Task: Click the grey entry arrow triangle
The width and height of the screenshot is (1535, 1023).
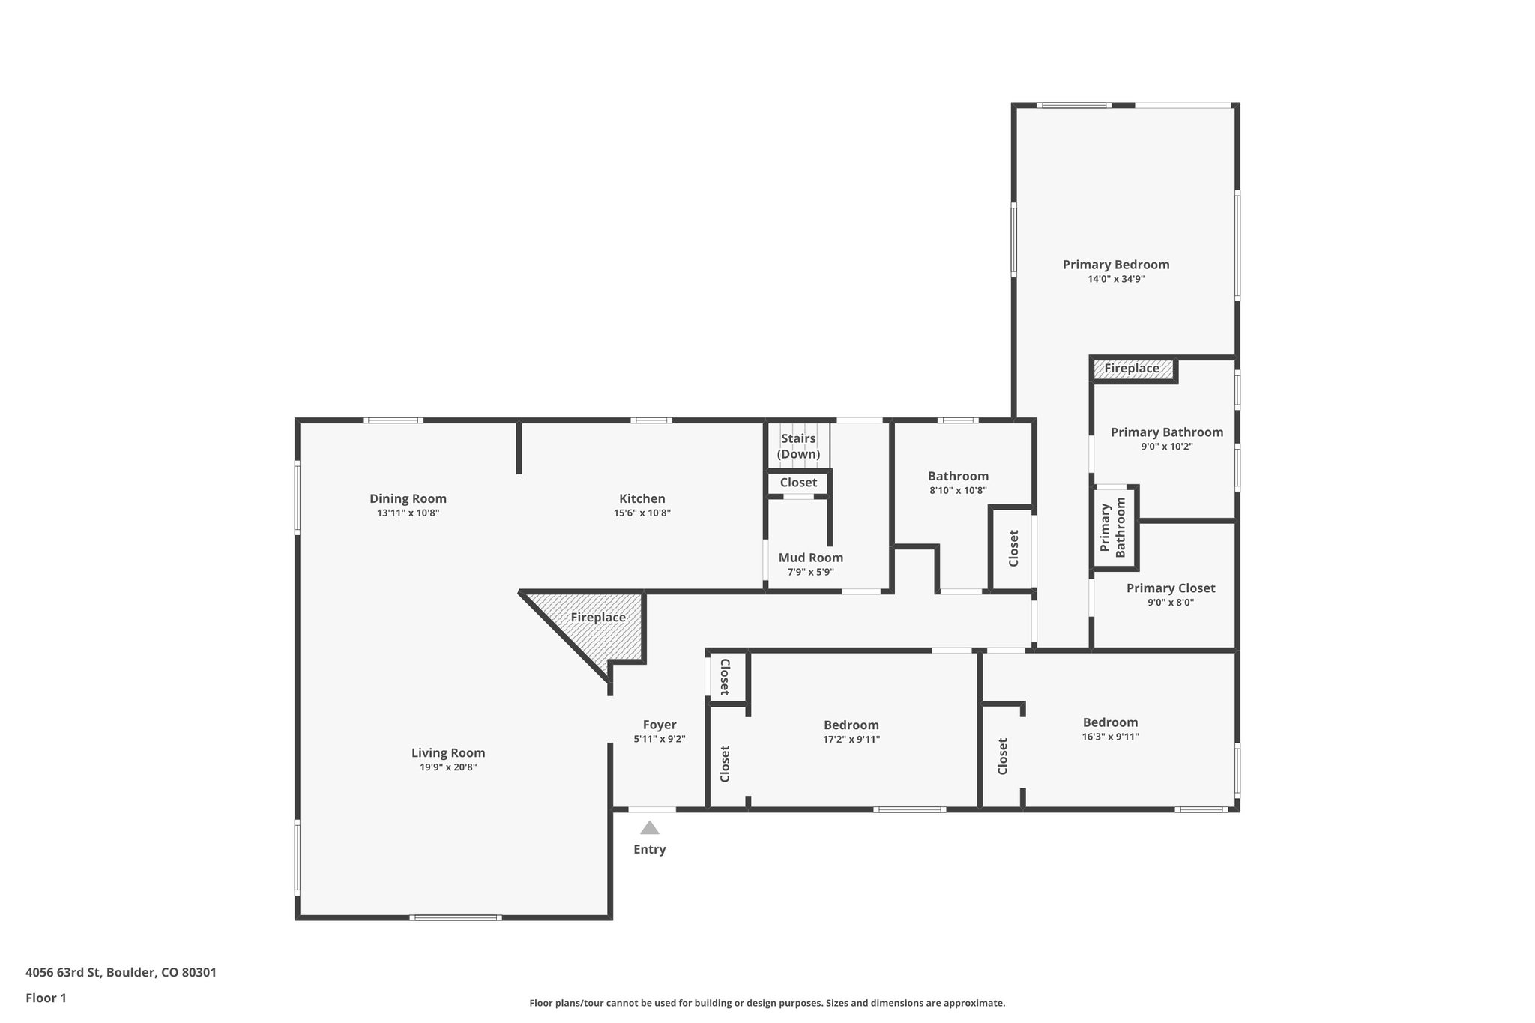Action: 649,828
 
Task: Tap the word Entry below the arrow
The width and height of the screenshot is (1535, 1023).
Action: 649,849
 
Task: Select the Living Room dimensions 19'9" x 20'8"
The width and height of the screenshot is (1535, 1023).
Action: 448,767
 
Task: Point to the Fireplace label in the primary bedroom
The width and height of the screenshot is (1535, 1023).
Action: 1131,369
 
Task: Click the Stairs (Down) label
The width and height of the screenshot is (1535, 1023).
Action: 798,447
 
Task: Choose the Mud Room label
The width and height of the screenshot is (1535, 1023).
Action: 810,558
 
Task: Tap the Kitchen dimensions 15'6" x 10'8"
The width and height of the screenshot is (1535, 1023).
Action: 642,513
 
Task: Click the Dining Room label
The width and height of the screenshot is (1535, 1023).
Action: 408,498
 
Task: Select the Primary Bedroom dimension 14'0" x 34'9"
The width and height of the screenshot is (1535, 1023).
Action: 1116,279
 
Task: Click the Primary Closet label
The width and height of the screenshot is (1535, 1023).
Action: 1171,588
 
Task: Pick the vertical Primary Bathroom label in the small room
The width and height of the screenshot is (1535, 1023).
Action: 1113,528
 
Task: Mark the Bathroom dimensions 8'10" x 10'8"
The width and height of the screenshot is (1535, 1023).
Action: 958,491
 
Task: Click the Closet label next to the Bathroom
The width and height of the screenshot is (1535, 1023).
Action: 1013,548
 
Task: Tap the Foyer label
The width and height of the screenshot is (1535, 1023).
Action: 660,725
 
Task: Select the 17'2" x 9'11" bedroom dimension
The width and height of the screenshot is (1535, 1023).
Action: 851,740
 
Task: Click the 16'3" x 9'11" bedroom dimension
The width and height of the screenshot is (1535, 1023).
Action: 1110,737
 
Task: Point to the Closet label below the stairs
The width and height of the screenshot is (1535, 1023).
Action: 798,483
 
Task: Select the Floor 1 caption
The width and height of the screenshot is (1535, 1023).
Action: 46,998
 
